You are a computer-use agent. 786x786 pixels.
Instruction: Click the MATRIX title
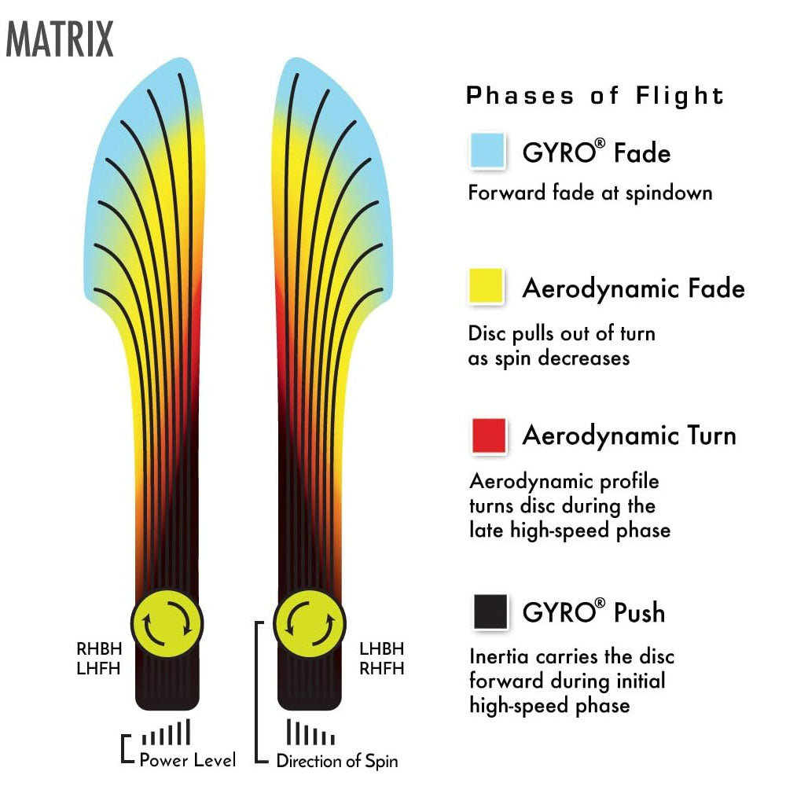(60, 39)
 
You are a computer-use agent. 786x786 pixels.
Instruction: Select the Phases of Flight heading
(595, 96)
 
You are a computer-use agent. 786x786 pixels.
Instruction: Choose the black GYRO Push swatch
(489, 612)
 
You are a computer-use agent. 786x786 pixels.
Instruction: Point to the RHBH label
(98, 650)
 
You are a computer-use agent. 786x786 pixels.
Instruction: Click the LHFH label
(98, 669)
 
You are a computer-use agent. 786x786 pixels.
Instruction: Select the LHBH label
(381, 649)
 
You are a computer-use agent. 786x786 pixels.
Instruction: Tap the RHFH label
(381, 669)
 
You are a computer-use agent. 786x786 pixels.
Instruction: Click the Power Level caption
(187, 760)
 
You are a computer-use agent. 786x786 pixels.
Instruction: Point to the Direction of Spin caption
(336, 761)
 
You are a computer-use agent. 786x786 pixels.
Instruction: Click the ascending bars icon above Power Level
(166, 733)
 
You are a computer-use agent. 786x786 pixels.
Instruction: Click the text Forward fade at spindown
(589, 193)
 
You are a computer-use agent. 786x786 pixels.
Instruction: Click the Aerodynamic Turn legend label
(629, 435)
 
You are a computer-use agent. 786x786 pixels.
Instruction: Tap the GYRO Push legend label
(593, 612)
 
